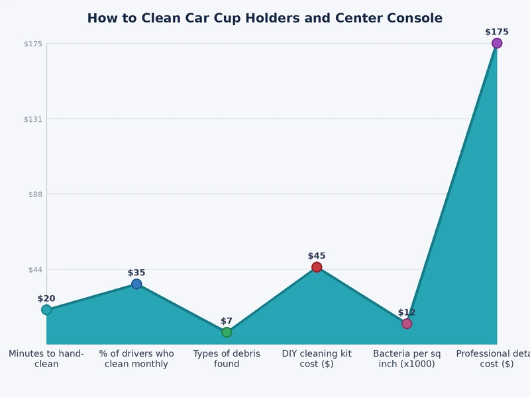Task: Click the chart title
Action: (264, 19)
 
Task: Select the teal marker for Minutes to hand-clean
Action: (46, 310)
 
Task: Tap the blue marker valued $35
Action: (136, 284)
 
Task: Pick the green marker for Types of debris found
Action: (227, 332)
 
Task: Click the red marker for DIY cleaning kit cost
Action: (317, 267)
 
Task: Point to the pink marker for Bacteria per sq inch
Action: (407, 324)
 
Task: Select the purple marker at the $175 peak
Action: (497, 43)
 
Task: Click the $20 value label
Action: (46, 298)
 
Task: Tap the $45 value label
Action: (317, 256)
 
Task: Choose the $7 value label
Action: (227, 321)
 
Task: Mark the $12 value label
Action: (407, 312)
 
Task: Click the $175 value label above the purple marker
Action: (497, 32)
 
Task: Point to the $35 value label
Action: (136, 273)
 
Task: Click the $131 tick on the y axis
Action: (33, 119)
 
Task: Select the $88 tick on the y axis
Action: (35, 194)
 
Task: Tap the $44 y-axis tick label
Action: (35, 269)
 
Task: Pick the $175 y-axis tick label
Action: (33, 44)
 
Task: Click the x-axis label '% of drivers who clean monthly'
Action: (136, 359)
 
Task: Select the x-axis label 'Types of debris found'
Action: (227, 359)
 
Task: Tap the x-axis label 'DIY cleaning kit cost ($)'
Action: (317, 359)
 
